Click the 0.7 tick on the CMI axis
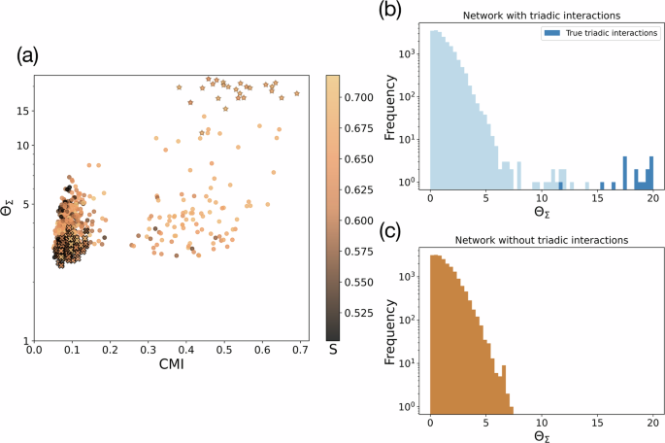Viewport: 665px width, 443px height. tap(300, 351)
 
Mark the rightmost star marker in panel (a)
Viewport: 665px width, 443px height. tap(297, 93)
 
